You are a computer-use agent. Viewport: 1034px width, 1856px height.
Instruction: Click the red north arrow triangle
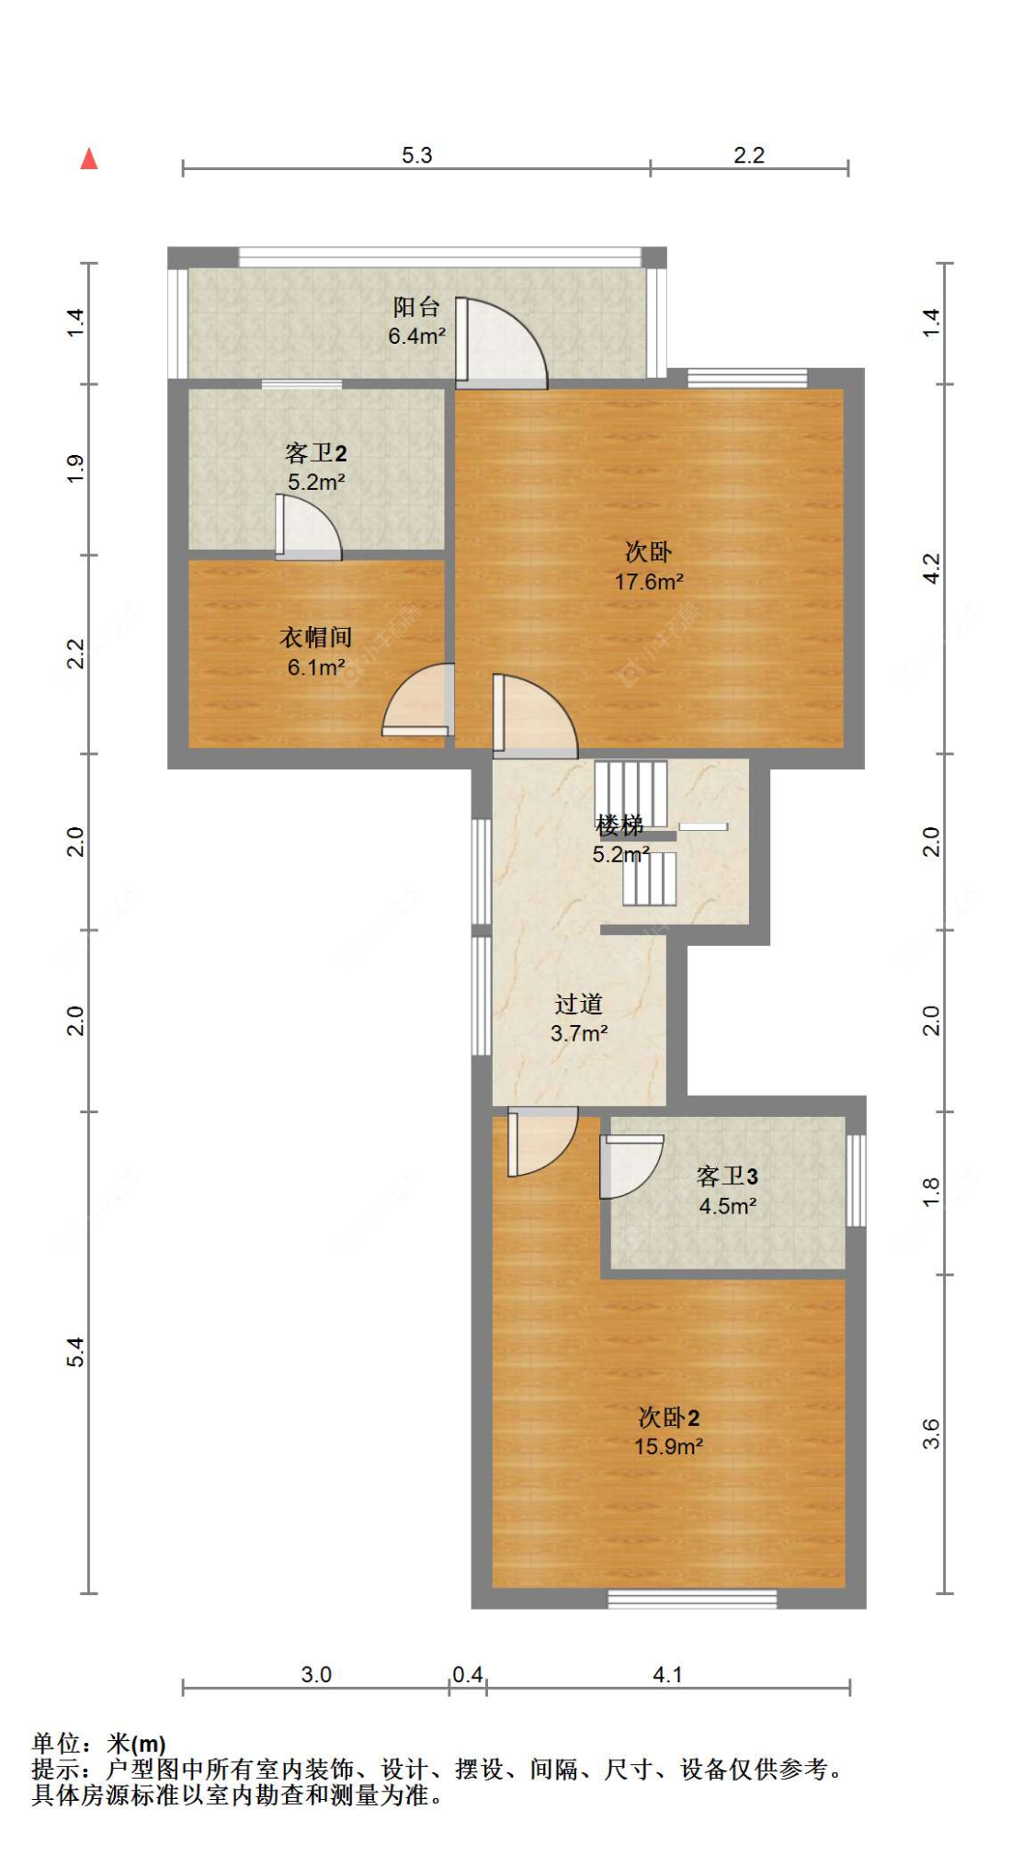click(x=89, y=159)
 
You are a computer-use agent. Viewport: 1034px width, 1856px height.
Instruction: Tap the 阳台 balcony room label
click(x=416, y=306)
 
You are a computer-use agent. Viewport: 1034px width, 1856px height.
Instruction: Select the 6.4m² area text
click(x=416, y=336)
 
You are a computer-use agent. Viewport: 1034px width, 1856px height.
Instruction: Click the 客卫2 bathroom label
click(x=315, y=453)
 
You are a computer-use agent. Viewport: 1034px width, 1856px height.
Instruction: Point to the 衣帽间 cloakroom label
click(x=315, y=637)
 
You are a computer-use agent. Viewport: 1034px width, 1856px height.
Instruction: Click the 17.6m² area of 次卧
click(x=648, y=582)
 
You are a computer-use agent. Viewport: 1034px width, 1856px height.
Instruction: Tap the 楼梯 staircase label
click(x=619, y=825)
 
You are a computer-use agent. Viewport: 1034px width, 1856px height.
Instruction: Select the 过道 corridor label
click(x=578, y=1004)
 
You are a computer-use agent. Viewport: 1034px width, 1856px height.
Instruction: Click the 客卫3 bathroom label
click(x=727, y=1177)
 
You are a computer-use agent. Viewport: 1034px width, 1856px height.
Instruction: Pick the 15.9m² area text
click(x=668, y=1447)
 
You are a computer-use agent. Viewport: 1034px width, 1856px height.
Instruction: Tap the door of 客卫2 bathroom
click(x=309, y=529)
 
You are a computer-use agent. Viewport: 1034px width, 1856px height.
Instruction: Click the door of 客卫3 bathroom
click(x=630, y=1166)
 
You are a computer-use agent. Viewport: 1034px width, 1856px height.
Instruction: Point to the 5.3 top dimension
click(x=416, y=155)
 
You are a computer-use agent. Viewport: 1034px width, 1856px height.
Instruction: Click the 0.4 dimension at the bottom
click(x=467, y=1675)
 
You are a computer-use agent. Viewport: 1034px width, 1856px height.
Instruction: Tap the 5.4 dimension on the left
click(x=75, y=1351)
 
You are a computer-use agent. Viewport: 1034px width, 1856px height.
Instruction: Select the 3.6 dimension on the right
click(x=931, y=1434)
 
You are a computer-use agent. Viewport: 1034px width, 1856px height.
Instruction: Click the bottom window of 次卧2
click(x=692, y=1599)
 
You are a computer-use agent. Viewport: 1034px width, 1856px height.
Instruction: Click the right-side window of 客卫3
click(x=855, y=1180)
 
